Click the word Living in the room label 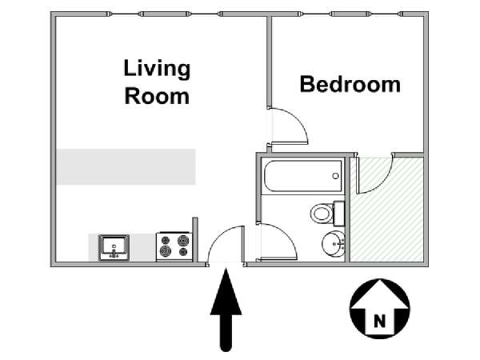point(157,70)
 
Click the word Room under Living point(157,96)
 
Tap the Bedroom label point(350,84)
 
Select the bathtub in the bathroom point(302,176)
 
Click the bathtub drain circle point(335,176)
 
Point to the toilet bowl point(322,213)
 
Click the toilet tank point(338,213)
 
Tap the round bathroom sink point(333,244)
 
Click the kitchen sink point(114,248)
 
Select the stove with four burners point(174,246)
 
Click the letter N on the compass point(379,322)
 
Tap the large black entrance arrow point(226,309)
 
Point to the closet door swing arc point(382,183)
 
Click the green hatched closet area point(387,210)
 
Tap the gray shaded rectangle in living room point(126,167)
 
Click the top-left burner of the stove point(166,240)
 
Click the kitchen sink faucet point(114,253)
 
